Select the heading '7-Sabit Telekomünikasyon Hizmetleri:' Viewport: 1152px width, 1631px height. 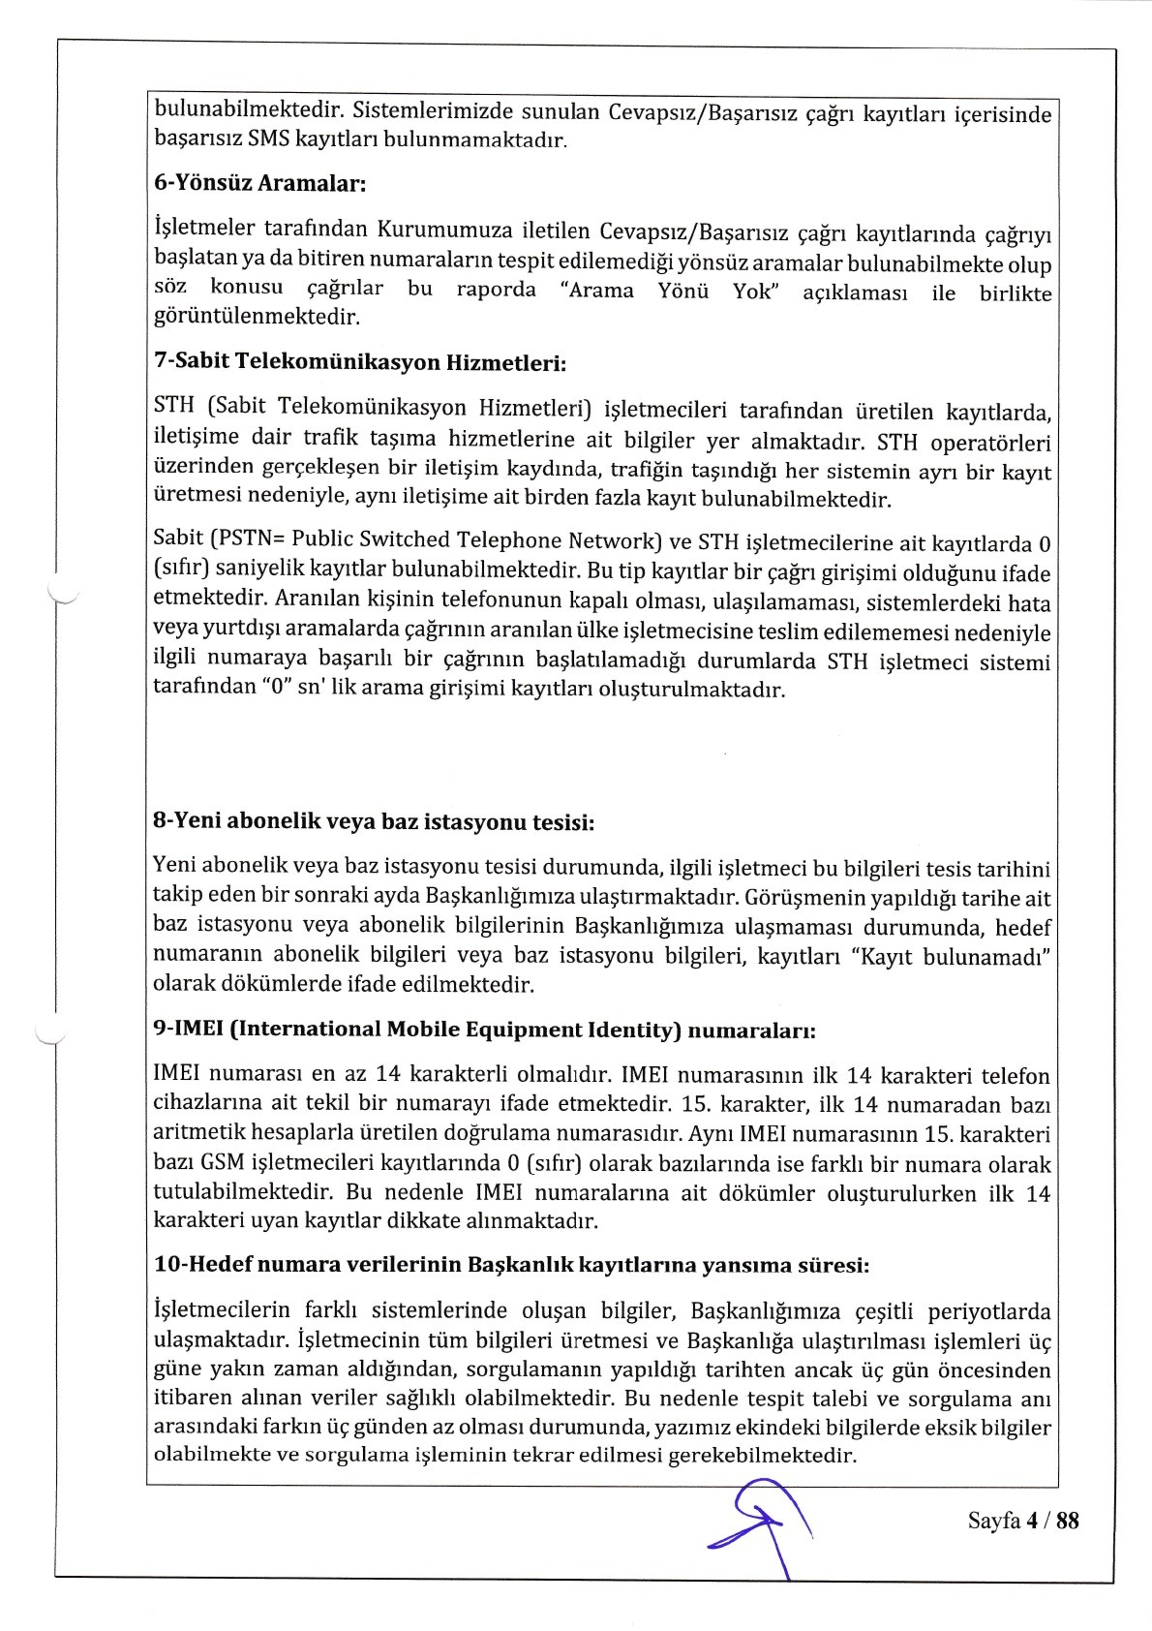(359, 363)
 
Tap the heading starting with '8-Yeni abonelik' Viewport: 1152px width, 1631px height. (374, 822)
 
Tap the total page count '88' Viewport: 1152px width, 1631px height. (1067, 1521)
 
